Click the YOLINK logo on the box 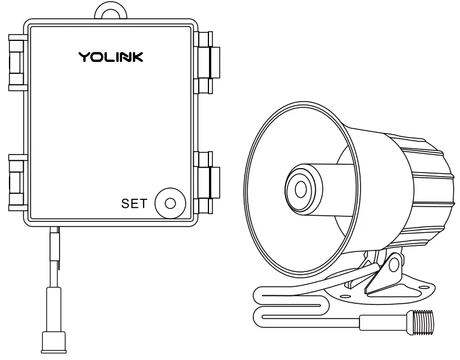coord(111,56)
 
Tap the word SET coord(134,204)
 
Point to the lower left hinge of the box coord(17,180)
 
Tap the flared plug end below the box coord(54,342)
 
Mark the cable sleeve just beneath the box coord(55,244)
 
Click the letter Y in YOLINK coord(83,56)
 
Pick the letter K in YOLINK coord(137,56)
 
